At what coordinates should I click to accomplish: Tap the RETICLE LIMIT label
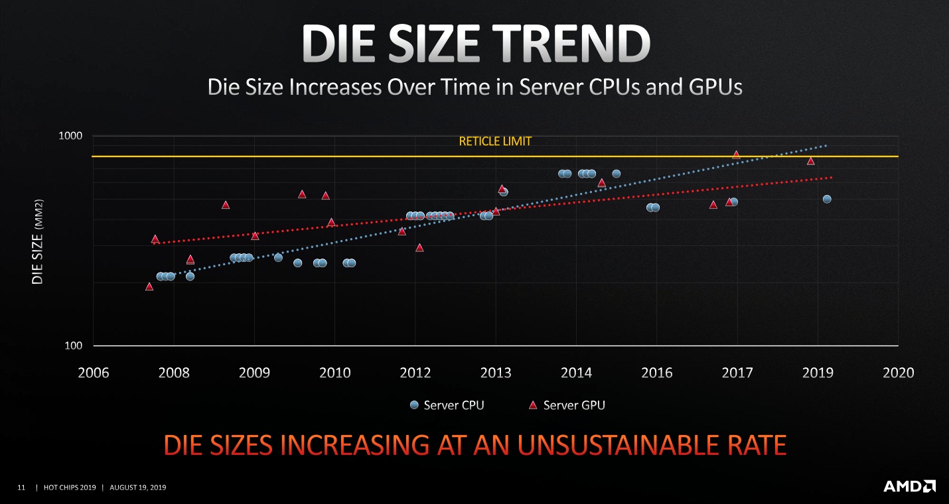point(495,141)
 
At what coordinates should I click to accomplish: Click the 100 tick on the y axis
point(72,346)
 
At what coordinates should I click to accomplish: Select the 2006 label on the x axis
point(93,373)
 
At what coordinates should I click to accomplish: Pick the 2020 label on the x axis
point(898,373)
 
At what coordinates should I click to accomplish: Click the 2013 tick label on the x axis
point(496,373)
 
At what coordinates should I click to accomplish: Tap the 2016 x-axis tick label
point(656,373)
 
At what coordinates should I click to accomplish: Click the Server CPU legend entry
point(447,405)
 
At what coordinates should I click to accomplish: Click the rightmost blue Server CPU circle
point(827,199)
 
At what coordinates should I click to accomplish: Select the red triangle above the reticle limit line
point(736,155)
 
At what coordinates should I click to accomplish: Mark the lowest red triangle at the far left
point(149,286)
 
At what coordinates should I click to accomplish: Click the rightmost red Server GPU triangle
point(810,161)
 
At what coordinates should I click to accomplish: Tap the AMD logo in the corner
point(909,486)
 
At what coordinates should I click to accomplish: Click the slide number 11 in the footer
point(21,488)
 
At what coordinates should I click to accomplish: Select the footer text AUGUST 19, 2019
point(137,488)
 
